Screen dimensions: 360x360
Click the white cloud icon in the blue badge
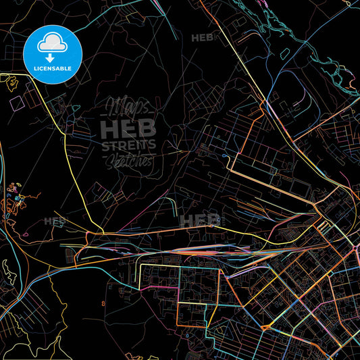52,44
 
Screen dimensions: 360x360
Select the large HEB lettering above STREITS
128,128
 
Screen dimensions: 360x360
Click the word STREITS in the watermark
128,144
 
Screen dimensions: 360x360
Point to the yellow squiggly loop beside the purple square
11,83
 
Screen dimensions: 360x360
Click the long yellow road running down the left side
68,155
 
